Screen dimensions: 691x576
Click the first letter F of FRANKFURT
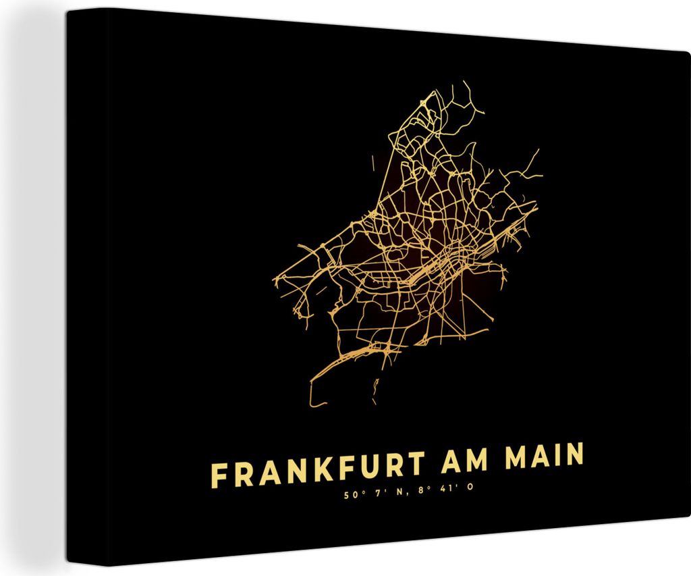click(219, 475)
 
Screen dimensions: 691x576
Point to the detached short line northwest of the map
click(374, 162)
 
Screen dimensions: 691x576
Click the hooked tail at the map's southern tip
click(314, 398)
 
